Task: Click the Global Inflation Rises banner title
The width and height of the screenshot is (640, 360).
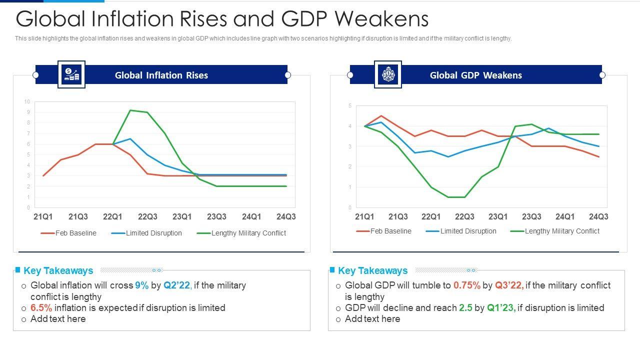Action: point(161,75)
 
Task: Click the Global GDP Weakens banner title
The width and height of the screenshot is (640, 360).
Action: point(475,75)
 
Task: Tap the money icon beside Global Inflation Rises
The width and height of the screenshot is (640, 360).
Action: point(71,74)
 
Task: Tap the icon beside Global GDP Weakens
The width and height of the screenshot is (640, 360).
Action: point(387,74)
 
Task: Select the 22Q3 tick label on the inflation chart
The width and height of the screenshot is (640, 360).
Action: point(147,216)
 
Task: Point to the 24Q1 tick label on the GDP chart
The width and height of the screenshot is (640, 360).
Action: point(565,216)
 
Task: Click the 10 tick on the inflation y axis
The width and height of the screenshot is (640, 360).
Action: point(27,102)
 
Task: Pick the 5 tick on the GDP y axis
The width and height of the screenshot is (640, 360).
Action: point(350,106)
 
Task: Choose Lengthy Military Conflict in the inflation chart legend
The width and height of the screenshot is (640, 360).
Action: point(248,233)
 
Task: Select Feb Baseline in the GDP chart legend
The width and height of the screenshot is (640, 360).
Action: point(390,231)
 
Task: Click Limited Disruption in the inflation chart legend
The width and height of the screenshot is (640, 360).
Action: point(153,233)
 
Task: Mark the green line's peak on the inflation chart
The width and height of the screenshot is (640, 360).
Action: point(130,110)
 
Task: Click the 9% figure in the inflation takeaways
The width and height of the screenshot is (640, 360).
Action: point(141,285)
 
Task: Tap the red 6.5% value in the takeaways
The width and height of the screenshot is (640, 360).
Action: point(41,308)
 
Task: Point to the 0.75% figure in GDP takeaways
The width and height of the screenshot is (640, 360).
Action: point(466,285)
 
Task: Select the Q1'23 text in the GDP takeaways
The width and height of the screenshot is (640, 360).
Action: point(501,308)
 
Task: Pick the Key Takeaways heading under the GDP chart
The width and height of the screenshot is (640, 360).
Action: point(372,270)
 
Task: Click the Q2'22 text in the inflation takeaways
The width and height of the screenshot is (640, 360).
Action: point(177,285)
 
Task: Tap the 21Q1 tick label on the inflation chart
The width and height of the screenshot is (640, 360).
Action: point(43,216)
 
